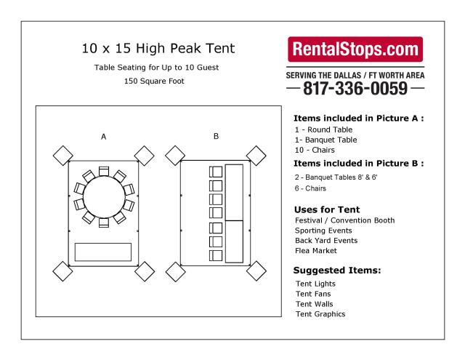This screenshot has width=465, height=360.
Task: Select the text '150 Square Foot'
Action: [155, 81]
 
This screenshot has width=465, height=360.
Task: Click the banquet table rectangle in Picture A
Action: [104, 252]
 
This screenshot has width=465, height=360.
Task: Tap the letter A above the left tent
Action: [104, 137]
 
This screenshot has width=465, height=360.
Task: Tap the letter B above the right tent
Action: [216, 137]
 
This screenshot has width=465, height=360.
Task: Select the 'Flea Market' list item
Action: [316, 251]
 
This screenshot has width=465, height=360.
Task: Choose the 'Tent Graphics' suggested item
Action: [320, 314]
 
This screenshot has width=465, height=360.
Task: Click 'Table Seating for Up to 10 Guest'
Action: [155, 68]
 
